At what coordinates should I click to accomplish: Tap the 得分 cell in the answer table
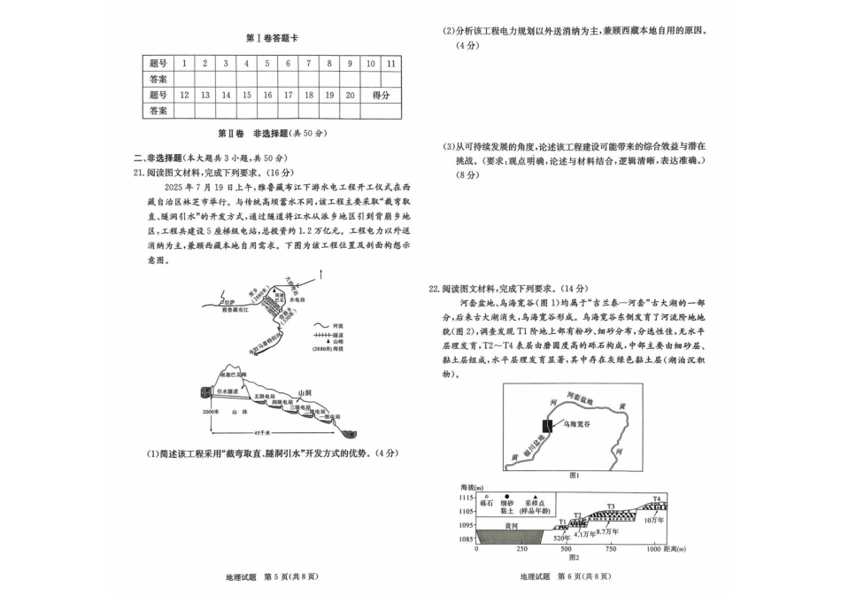tap(382, 95)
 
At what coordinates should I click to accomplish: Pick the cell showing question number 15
tap(246, 95)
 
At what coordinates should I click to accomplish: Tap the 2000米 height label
tap(209, 413)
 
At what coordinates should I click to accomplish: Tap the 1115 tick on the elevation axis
tap(465, 499)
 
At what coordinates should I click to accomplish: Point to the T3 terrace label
tap(610, 507)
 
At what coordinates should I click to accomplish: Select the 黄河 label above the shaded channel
tap(509, 524)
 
